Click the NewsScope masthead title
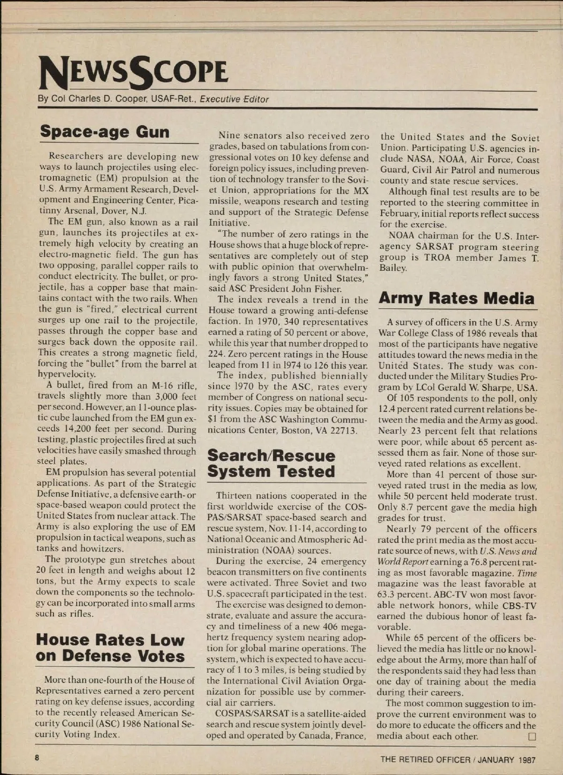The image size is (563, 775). (134, 72)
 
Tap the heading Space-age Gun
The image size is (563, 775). (105, 132)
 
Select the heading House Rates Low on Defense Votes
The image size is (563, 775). (110, 648)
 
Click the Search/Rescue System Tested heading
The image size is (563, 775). (271, 463)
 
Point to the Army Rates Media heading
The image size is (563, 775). (456, 298)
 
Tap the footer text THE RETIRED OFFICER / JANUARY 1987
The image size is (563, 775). (457, 760)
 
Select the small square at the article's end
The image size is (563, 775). (532, 737)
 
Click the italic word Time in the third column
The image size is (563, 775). (527, 573)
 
